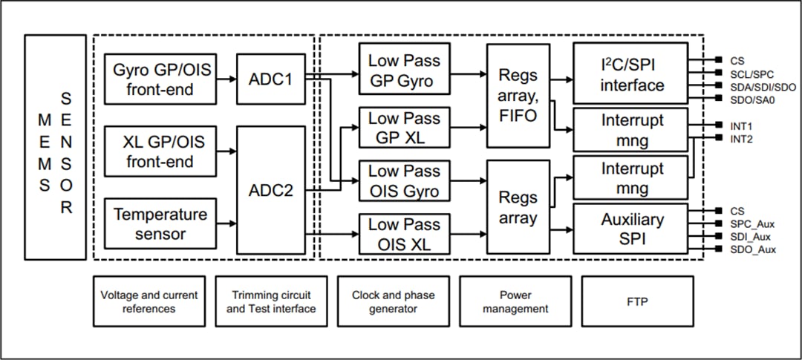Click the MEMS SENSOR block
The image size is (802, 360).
tap(55, 146)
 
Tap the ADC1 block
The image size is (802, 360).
tap(270, 79)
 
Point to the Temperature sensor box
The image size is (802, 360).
tap(160, 224)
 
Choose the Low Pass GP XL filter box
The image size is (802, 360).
tap(404, 128)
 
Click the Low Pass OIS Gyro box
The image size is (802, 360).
tap(404, 181)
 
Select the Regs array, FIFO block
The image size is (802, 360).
tap(518, 96)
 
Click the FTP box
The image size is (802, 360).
tap(637, 301)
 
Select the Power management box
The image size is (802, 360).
tap(515, 301)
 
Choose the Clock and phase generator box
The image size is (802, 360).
tap(393, 301)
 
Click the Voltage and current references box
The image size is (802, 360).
tap(149, 301)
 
